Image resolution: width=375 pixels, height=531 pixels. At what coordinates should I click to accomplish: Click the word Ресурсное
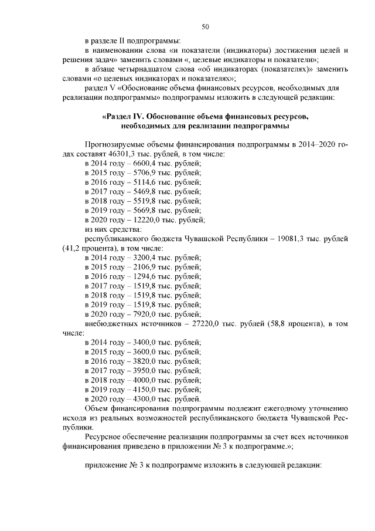point(103,437)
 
